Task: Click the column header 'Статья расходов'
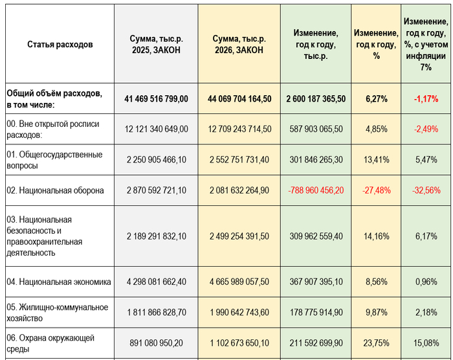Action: pos(60,45)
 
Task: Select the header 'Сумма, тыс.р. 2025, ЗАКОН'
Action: pos(155,45)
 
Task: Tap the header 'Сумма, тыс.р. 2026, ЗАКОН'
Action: pos(239,45)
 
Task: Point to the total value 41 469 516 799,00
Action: pos(156,99)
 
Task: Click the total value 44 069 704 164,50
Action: pos(239,99)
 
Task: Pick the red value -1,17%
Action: pos(426,99)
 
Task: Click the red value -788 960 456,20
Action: pos(315,190)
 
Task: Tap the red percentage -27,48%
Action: pos(376,190)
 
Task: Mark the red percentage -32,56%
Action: pos(426,190)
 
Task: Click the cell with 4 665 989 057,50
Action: pos(239,282)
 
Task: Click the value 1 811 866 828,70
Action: pos(156,313)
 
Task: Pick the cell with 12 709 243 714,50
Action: pos(239,129)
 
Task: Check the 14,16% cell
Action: pos(376,236)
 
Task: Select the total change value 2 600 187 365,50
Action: pos(315,99)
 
